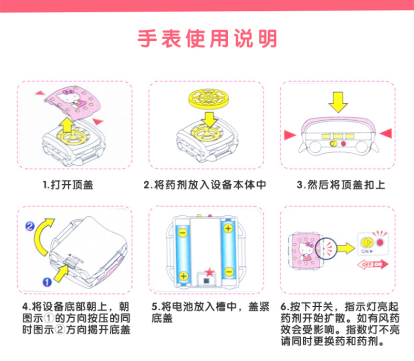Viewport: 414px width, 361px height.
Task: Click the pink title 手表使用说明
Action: tap(207, 39)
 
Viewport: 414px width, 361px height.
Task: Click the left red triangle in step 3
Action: tap(290, 135)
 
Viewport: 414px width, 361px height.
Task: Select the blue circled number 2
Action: tap(30, 226)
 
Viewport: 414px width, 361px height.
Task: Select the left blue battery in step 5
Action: tap(183, 251)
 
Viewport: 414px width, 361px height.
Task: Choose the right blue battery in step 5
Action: tap(228, 251)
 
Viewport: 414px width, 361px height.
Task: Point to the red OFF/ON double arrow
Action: tap(372, 265)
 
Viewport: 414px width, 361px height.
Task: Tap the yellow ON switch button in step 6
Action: tap(367, 242)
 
